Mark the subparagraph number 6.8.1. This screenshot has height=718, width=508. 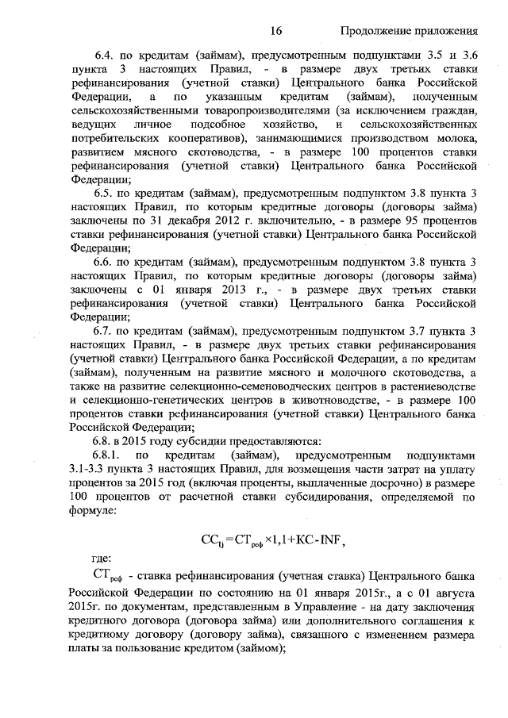pos(110,456)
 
